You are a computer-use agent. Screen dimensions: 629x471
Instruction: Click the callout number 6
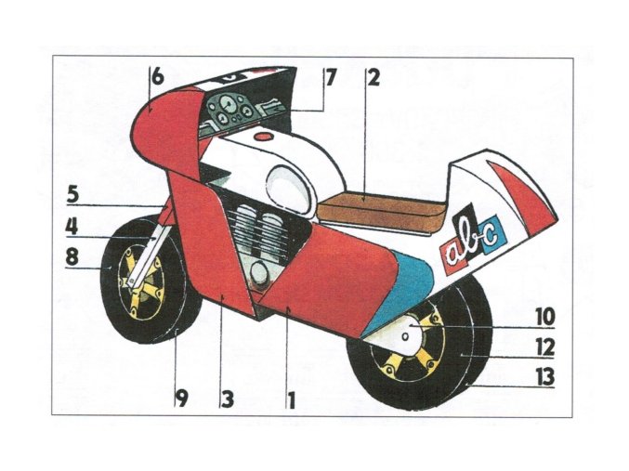point(158,78)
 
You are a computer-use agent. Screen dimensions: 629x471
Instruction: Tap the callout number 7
point(329,78)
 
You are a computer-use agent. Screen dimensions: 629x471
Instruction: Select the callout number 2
point(373,78)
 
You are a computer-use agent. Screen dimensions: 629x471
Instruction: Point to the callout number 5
point(73,195)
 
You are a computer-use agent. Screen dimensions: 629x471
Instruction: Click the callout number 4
point(72,225)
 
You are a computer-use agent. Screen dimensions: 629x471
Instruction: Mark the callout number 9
point(182,399)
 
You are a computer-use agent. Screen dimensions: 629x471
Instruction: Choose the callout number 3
point(226,399)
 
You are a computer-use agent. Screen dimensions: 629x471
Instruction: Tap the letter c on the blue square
point(489,229)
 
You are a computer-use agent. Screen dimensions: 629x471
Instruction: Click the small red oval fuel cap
point(266,137)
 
